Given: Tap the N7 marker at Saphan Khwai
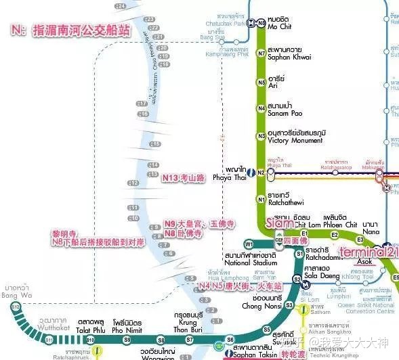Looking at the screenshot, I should click(x=261, y=53).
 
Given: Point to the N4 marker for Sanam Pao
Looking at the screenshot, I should click(x=261, y=108).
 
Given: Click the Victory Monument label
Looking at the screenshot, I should click(x=292, y=140).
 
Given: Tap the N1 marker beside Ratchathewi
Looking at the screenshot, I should click(x=261, y=199).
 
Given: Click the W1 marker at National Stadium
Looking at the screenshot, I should click(x=249, y=244).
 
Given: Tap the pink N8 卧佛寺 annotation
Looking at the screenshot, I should click(x=184, y=233).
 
